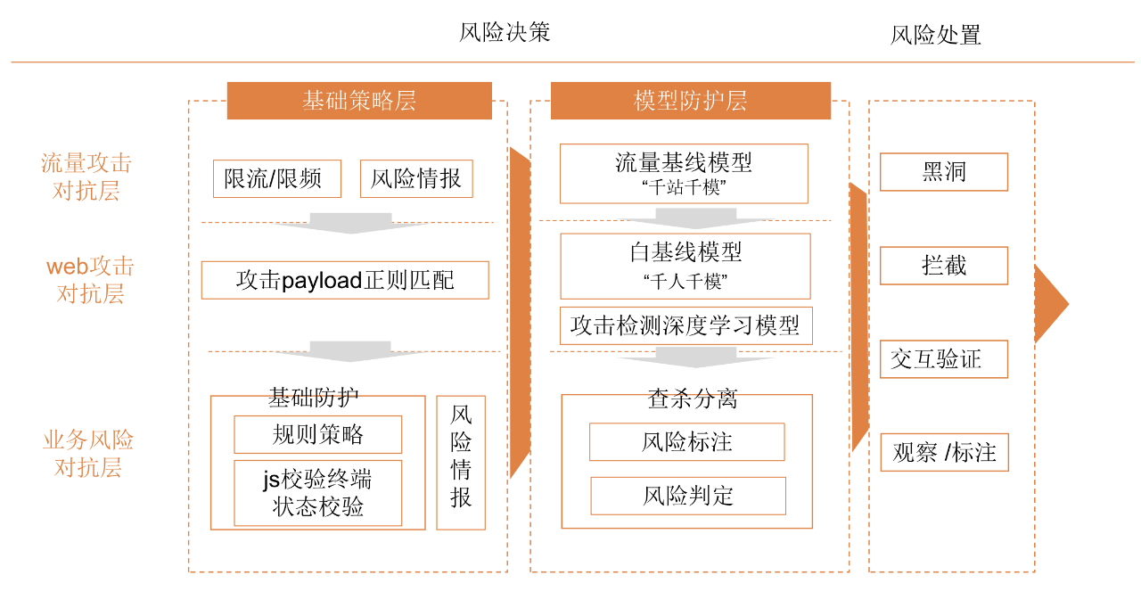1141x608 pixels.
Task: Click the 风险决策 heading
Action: [505, 33]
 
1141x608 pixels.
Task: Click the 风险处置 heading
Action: [935, 36]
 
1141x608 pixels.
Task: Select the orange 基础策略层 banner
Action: [359, 101]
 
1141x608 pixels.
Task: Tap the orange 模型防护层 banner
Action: [690, 101]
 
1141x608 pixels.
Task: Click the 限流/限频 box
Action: [277, 179]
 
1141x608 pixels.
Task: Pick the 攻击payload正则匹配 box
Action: [345, 280]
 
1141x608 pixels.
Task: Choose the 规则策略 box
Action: [317, 435]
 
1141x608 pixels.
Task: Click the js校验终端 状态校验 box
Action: [317, 493]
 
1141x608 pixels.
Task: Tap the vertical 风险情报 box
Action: [461, 463]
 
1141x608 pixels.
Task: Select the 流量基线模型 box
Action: [684, 173]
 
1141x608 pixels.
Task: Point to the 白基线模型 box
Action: [685, 266]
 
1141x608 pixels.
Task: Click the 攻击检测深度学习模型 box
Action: [685, 326]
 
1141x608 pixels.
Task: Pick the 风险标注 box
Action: [686, 442]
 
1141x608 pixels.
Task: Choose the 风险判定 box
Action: [688, 496]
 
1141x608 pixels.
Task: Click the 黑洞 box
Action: [943, 172]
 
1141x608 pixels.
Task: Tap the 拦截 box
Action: [943, 266]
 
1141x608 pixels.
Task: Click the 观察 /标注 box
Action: [944, 453]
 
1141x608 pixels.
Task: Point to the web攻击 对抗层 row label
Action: [90, 280]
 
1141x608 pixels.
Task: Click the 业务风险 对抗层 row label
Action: [88, 454]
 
